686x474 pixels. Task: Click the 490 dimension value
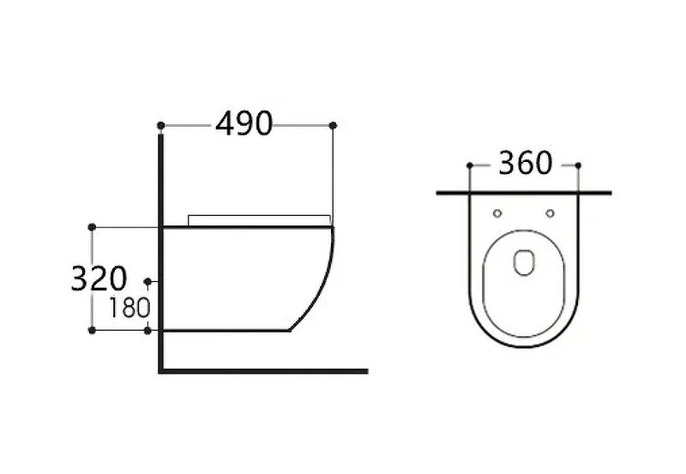tap(244, 123)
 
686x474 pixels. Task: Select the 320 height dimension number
tap(99, 279)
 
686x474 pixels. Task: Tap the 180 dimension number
tap(129, 308)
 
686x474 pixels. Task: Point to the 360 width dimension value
tap(526, 163)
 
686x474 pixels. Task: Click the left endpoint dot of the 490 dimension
tap(160, 125)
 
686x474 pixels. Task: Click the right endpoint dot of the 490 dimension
tap(333, 125)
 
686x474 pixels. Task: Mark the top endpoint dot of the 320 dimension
tap(92, 227)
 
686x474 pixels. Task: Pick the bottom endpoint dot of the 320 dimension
tap(92, 330)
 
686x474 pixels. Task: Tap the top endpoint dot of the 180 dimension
tap(147, 281)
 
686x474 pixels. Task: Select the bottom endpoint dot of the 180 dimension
tap(147, 330)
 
